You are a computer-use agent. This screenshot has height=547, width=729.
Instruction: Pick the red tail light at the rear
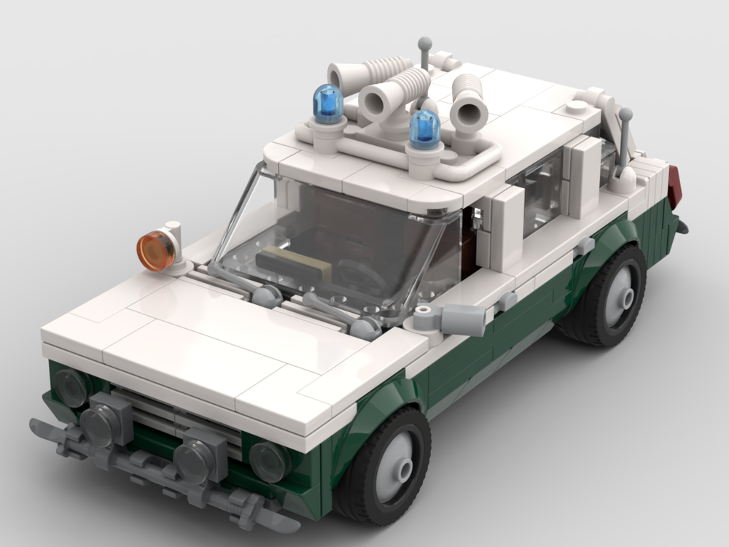(x=674, y=187)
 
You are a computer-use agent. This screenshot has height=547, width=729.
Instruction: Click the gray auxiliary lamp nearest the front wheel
(x=198, y=455)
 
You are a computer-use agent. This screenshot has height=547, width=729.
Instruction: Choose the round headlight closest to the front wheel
(x=270, y=460)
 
